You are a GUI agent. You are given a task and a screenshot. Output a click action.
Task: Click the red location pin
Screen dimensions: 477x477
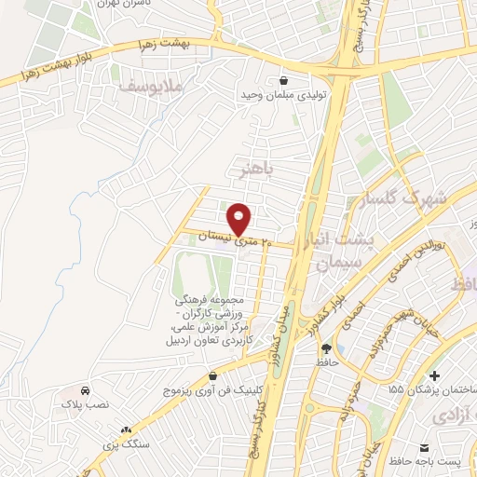(240, 218)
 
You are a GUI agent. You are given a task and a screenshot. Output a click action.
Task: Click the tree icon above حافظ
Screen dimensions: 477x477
(324, 348)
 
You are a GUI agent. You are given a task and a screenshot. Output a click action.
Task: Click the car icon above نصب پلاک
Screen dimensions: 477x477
(86, 391)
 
